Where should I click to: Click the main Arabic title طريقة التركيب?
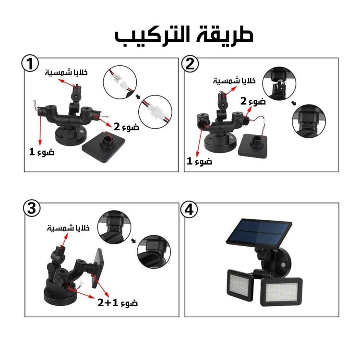click(184, 35)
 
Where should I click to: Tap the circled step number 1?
click(30, 63)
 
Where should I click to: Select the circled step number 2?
click(190, 63)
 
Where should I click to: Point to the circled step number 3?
click(32, 209)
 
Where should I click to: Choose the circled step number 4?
click(189, 210)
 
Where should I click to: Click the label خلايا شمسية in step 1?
click(66, 72)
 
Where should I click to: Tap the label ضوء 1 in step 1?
click(42, 152)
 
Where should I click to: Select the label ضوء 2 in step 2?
click(253, 101)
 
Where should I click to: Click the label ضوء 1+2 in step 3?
click(118, 302)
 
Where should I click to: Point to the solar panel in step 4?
click(259, 233)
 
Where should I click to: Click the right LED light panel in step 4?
click(281, 291)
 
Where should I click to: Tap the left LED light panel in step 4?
click(240, 285)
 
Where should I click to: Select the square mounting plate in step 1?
click(104, 146)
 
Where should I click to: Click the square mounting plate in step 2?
click(253, 146)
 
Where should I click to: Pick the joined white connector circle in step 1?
click(155, 112)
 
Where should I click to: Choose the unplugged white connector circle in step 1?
click(120, 83)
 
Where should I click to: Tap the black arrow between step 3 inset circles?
click(133, 240)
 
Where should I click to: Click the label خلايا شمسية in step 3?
click(68, 228)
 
